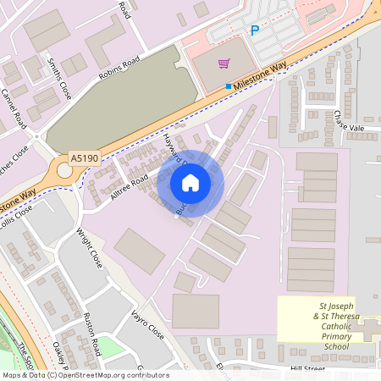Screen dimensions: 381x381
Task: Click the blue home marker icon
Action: [190, 183]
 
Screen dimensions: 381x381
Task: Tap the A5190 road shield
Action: [83, 157]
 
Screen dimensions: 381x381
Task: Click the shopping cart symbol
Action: [224, 63]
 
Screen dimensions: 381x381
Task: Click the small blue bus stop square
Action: [229, 86]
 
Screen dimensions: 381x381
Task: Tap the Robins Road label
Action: [119, 69]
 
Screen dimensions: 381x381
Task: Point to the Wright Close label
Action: [89, 248]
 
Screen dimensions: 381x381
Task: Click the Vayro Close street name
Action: [147, 324]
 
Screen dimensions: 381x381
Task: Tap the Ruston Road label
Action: [92, 334]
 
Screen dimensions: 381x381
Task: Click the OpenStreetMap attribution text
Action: [85, 375]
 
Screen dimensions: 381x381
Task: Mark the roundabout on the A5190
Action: [65, 171]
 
